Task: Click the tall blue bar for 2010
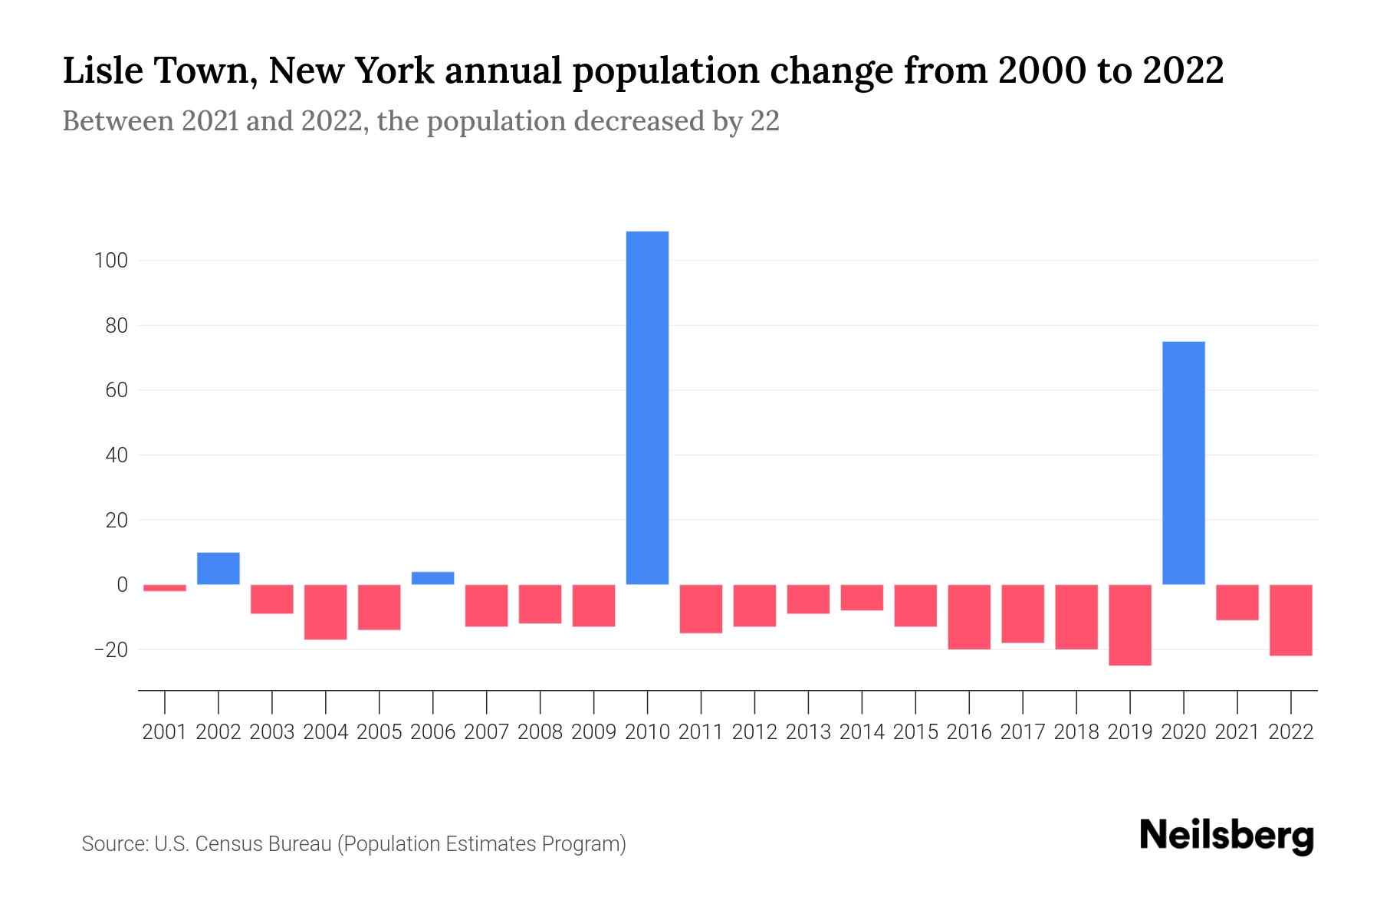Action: [x=647, y=408]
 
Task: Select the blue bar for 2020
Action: [x=1183, y=463]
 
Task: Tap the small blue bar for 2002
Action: [x=219, y=568]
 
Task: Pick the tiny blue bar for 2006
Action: [x=432, y=578]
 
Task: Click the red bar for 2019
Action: [x=1129, y=625]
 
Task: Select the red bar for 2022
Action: [x=1290, y=619]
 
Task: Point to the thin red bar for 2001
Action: [x=165, y=588]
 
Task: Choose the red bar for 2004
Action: [x=326, y=612]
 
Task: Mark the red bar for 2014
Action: [x=862, y=597]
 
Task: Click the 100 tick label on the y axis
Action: [x=110, y=261]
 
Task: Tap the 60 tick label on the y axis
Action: [x=116, y=390]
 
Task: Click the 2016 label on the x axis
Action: [x=969, y=732]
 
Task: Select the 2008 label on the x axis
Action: [x=540, y=732]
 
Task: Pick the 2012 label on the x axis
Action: [x=754, y=732]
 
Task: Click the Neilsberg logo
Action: [x=1226, y=836]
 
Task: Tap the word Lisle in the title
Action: [x=103, y=71]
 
